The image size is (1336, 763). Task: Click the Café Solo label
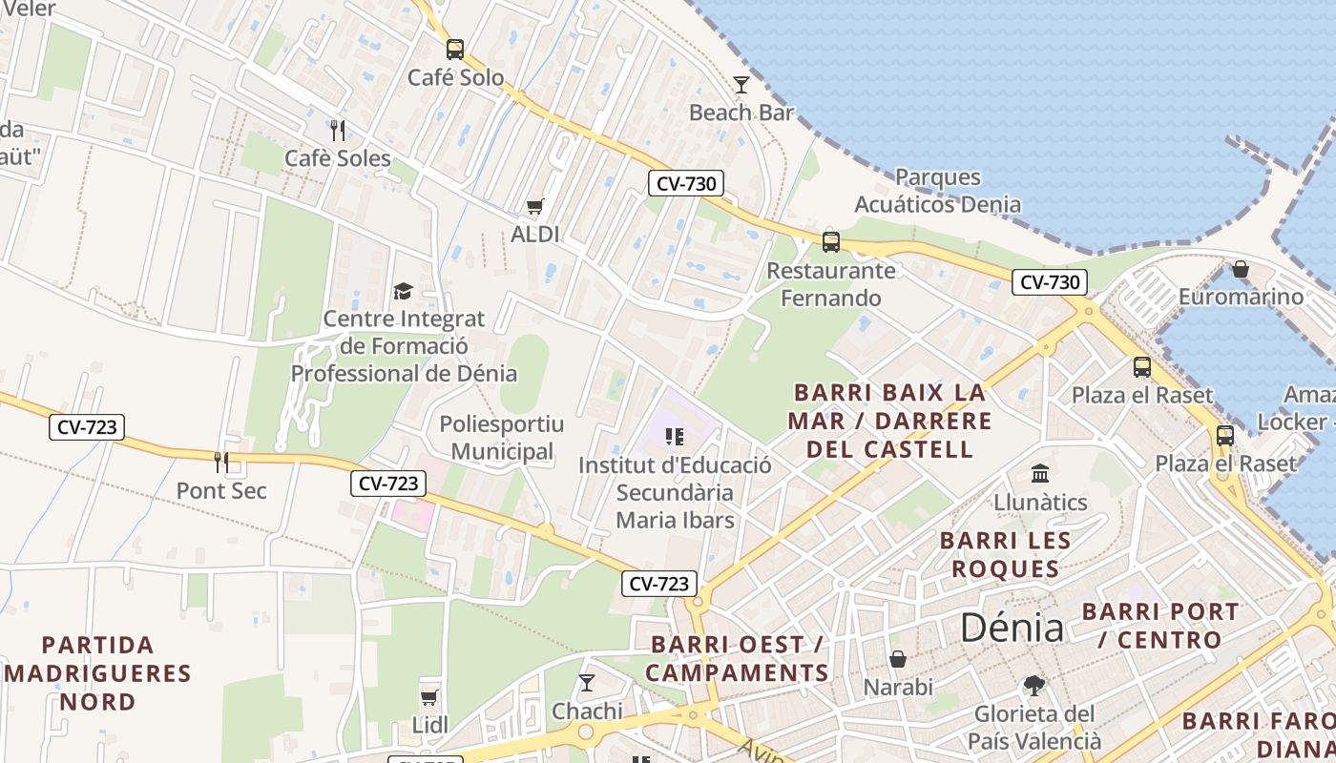point(455,78)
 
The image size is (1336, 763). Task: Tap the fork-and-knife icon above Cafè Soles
point(337,129)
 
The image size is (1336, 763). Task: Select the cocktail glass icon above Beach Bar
point(741,85)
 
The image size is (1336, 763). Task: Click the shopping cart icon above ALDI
point(535,206)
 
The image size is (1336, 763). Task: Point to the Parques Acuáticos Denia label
point(937,191)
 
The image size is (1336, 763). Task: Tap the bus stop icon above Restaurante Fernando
point(831,241)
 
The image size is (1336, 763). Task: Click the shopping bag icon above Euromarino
point(1241,269)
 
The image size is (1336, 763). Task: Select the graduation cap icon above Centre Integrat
point(404,291)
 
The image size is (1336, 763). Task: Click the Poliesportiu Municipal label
point(502,438)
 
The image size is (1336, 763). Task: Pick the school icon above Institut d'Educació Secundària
point(675,437)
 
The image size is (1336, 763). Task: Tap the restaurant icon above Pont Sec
point(221,463)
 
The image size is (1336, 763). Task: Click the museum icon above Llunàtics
point(1040,473)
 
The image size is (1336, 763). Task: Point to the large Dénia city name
point(1012,628)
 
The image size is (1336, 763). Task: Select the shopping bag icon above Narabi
point(898,658)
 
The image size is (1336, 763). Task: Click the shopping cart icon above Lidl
point(429,697)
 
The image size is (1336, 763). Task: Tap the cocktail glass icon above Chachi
point(587,682)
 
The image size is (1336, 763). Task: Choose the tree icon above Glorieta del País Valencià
point(1033,685)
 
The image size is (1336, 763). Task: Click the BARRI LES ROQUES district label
point(1005,555)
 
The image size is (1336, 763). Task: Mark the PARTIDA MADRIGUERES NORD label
point(98,673)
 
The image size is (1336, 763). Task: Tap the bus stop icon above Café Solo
point(455,49)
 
